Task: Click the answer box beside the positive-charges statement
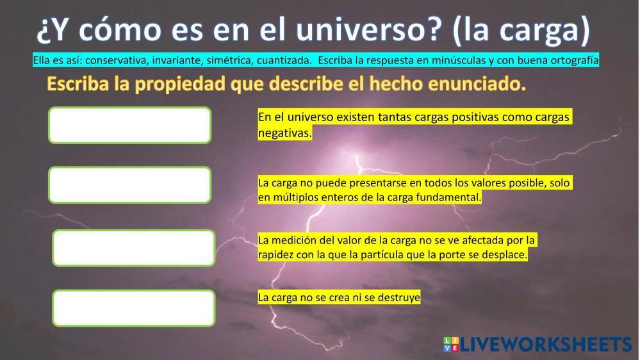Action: coord(130,126)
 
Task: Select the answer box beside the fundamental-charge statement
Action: coord(130,185)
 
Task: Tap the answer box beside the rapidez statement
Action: coord(134,248)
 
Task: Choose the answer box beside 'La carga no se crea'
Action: coord(134,308)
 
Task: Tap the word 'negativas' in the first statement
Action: coord(284,133)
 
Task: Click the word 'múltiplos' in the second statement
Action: coord(295,197)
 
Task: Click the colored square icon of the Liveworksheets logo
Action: coord(451,344)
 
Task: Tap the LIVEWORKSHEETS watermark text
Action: coord(546,345)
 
